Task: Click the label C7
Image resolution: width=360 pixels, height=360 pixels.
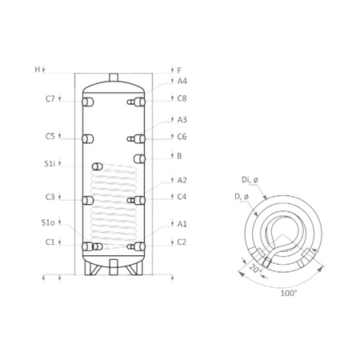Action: coord(50,99)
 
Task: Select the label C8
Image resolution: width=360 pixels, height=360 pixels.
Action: coord(182,99)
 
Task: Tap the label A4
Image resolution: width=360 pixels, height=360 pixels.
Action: coord(182,81)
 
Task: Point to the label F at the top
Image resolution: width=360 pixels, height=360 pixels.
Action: coord(179,70)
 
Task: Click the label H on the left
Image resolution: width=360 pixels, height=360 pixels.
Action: coord(37,70)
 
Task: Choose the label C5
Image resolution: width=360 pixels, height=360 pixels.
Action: coord(50,136)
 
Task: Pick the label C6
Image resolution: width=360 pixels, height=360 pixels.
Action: coord(182,136)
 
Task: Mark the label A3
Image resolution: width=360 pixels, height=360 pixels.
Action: coord(182,119)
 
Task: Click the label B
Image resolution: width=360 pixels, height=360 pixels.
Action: coord(179,156)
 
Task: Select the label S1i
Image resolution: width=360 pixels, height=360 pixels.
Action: coord(50,164)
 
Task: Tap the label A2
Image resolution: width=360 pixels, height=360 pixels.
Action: coord(182,180)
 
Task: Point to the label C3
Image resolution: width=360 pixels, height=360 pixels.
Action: coord(50,197)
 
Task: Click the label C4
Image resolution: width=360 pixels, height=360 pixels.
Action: coord(182,197)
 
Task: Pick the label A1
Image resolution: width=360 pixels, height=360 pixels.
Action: coord(182,225)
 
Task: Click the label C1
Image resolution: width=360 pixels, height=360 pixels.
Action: coord(50,242)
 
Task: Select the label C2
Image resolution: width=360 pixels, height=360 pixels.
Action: coord(182,242)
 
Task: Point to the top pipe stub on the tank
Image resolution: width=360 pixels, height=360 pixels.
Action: coord(115,76)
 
